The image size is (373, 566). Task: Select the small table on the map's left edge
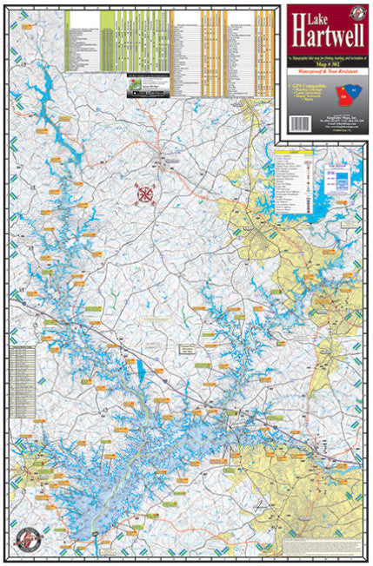26,372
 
